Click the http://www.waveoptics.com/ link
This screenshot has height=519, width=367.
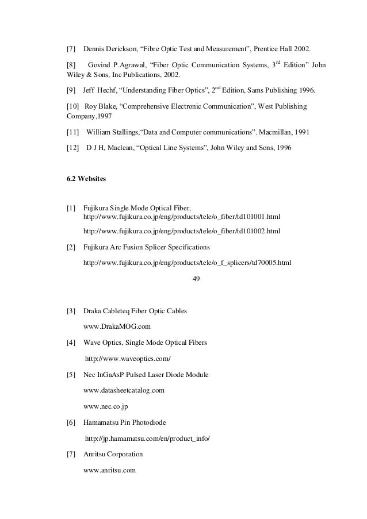[x=128, y=359]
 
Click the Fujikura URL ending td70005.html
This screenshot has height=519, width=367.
[x=188, y=263]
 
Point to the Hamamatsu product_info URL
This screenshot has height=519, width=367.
[x=148, y=439]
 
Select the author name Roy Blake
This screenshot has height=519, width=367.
[x=100, y=106]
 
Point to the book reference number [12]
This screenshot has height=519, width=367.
[x=73, y=148]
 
